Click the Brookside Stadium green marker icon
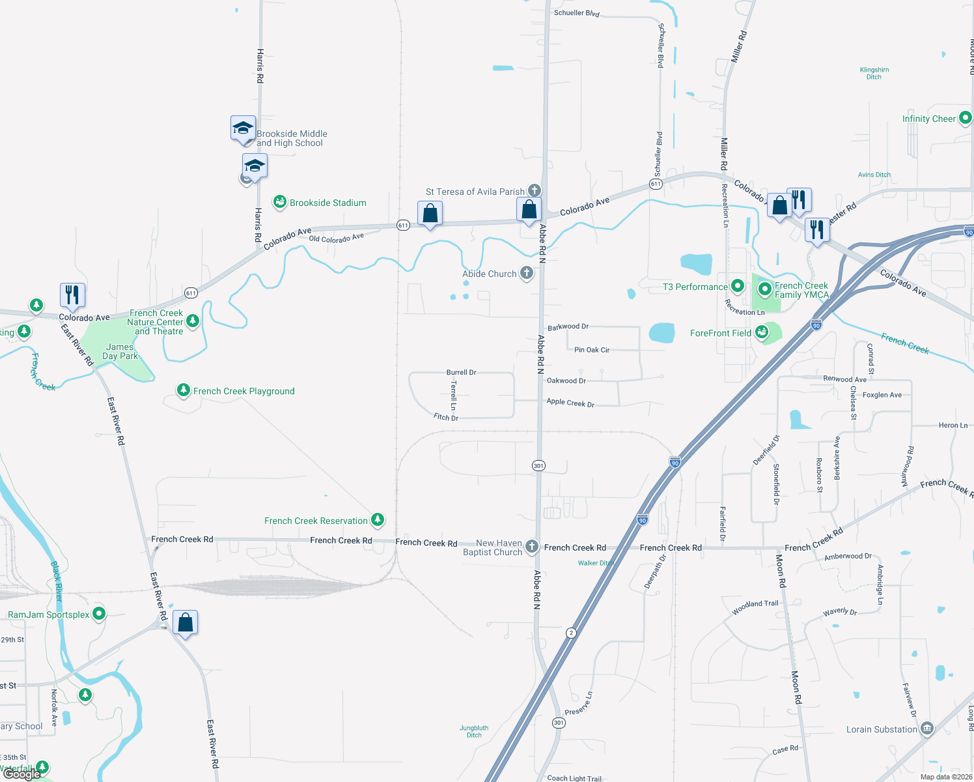(280, 202)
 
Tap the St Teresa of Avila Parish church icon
(534, 190)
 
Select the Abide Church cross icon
(527, 273)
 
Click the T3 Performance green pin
(738, 285)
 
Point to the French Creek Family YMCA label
(801, 291)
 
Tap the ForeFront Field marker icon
(761, 332)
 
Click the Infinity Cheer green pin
(966, 118)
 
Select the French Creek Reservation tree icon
(377, 519)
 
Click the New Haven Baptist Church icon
(532, 546)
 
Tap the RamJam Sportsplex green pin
(99, 613)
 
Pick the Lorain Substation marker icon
(927, 729)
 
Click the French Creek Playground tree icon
(184, 390)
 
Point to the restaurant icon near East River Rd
(72, 295)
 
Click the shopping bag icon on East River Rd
(186, 622)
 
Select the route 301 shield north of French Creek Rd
(538, 465)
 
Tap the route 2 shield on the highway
(571, 633)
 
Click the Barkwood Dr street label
(568, 326)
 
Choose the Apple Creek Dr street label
(570, 403)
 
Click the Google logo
(21, 774)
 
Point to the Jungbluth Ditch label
(474, 731)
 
